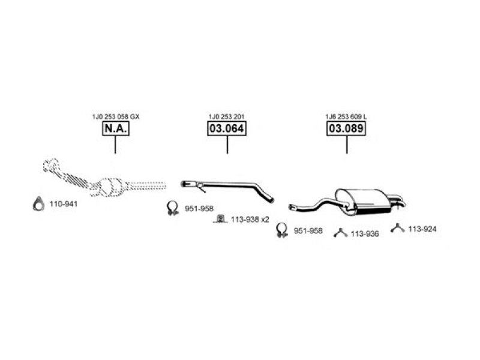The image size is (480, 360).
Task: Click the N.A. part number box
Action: [x=115, y=129]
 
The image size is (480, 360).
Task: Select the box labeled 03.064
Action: [x=227, y=129]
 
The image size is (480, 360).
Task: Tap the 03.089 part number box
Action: [x=346, y=129]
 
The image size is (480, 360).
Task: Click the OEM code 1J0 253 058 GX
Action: [x=115, y=116]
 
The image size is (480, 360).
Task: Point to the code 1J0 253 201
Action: [x=227, y=116]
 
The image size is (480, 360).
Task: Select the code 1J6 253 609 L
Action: [x=347, y=116]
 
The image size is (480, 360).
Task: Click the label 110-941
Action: [x=63, y=205]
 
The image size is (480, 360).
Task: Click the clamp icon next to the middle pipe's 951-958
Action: [x=172, y=208]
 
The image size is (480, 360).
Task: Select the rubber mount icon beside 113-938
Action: [x=220, y=218]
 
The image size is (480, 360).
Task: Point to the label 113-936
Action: [x=365, y=233]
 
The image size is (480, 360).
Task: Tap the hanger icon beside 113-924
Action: [x=397, y=228]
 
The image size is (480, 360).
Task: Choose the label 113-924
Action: [x=422, y=229]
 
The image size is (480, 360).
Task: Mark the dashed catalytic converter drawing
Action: [x=111, y=186]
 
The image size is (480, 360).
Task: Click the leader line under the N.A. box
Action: [x=115, y=146]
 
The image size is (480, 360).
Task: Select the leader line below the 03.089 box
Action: [x=346, y=146]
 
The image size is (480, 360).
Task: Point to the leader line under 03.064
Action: [x=227, y=146]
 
